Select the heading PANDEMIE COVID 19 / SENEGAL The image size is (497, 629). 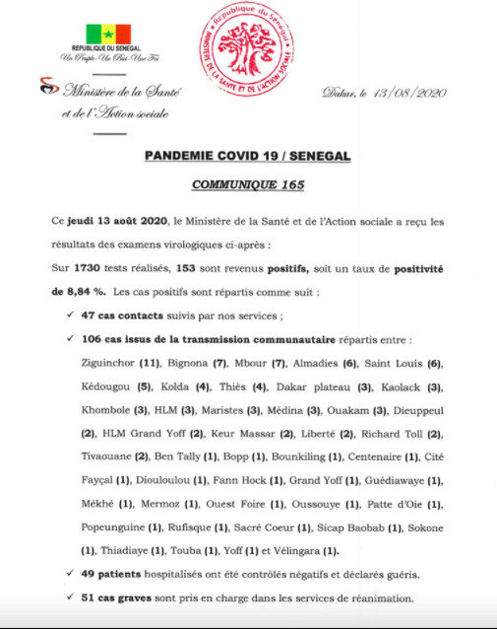tap(247, 157)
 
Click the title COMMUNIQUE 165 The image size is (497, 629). tap(247, 184)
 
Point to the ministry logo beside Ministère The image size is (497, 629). tap(46, 88)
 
